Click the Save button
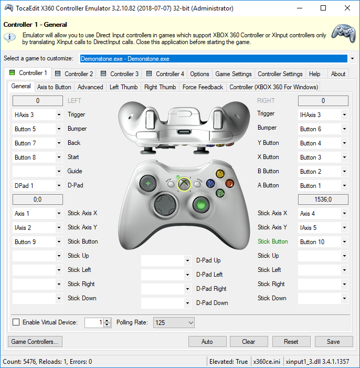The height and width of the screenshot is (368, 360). [333, 341]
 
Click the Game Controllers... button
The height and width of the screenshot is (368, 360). [35, 341]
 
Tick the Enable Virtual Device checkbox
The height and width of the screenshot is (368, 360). [16, 322]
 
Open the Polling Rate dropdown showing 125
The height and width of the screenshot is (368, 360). [174, 322]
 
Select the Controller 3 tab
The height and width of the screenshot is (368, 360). [120, 74]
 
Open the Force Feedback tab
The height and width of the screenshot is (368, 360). [203, 87]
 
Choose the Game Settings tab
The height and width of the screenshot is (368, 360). [234, 74]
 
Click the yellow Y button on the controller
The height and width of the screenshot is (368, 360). [220, 174]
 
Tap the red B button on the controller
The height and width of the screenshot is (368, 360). [229, 183]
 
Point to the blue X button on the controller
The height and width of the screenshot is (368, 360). [210, 183]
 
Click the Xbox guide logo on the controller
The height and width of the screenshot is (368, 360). [184, 184]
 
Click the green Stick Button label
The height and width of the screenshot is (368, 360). [272, 241]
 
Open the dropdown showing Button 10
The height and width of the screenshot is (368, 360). [323, 241]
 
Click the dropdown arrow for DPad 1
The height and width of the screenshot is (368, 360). [59, 186]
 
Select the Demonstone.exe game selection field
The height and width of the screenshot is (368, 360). [214, 58]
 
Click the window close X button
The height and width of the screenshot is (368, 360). [347, 8]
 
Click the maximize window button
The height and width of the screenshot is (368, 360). [323, 8]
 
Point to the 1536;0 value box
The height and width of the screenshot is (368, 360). [323, 199]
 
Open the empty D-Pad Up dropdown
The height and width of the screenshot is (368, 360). [166, 260]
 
